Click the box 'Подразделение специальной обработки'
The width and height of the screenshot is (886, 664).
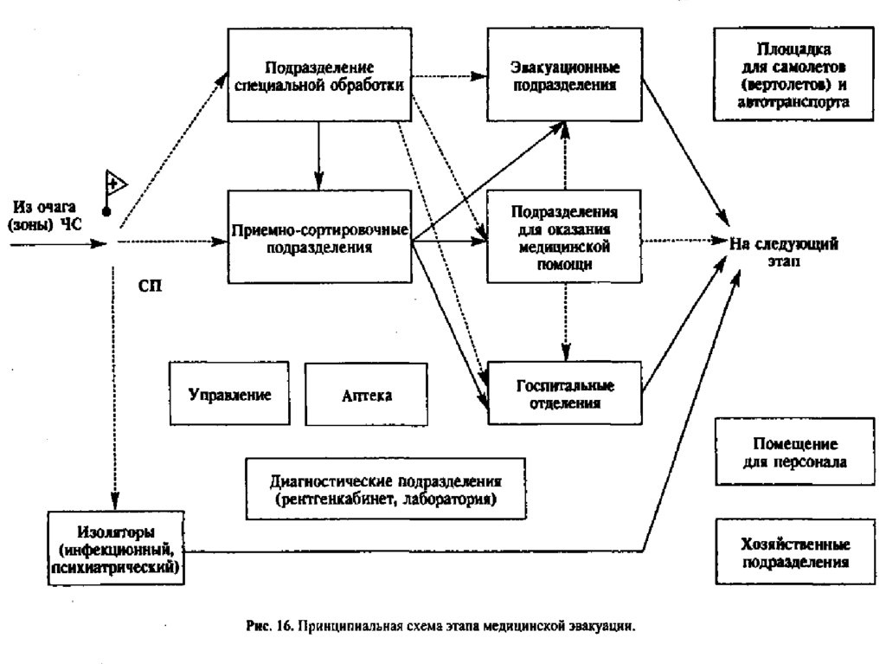click(x=318, y=75)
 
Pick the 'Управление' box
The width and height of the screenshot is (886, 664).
click(x=230, y=395)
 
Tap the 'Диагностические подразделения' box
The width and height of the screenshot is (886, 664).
click(x=386, y=490)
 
